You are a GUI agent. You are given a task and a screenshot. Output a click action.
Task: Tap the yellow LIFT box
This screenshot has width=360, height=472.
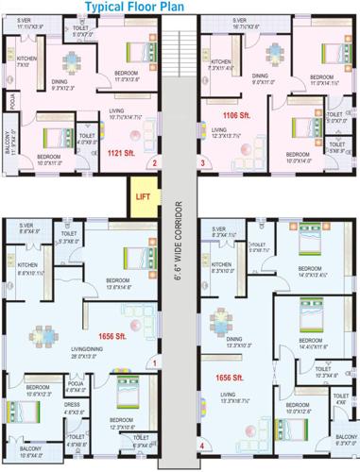(143, 196)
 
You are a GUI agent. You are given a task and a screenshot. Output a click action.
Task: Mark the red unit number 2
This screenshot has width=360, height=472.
(152, 162)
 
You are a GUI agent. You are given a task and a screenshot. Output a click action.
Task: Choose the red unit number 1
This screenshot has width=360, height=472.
(154, 362)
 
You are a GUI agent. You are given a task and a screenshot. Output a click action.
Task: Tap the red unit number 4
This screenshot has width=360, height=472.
(201, 445)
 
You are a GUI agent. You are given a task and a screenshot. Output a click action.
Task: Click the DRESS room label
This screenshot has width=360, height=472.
(74, 404)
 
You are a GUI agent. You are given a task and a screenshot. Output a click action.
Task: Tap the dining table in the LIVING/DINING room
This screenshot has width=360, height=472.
(43, 334)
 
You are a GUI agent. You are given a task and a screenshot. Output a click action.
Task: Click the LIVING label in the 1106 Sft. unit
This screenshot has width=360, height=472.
(219, 130)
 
